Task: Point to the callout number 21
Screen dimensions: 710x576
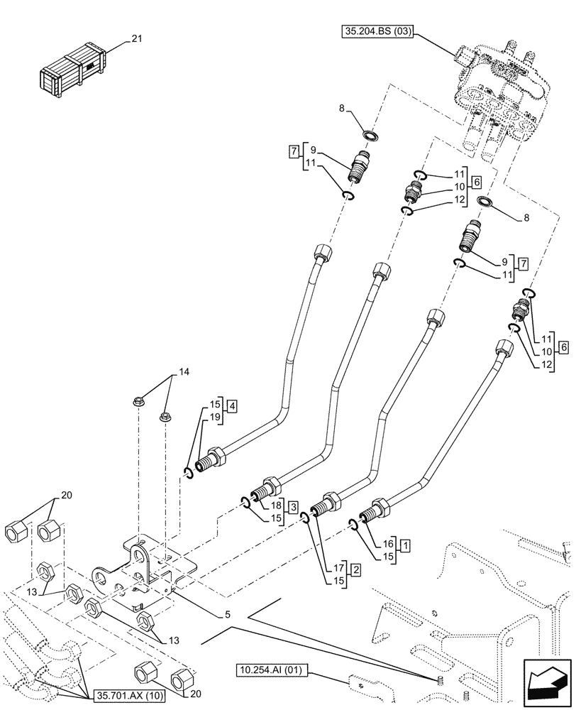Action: coord(136,39)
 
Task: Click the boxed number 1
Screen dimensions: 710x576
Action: coord(404,546)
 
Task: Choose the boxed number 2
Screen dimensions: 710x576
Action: coord(355,569)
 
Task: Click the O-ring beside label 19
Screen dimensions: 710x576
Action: coord(187,474)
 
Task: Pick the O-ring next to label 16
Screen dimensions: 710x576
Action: coord(353,525)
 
